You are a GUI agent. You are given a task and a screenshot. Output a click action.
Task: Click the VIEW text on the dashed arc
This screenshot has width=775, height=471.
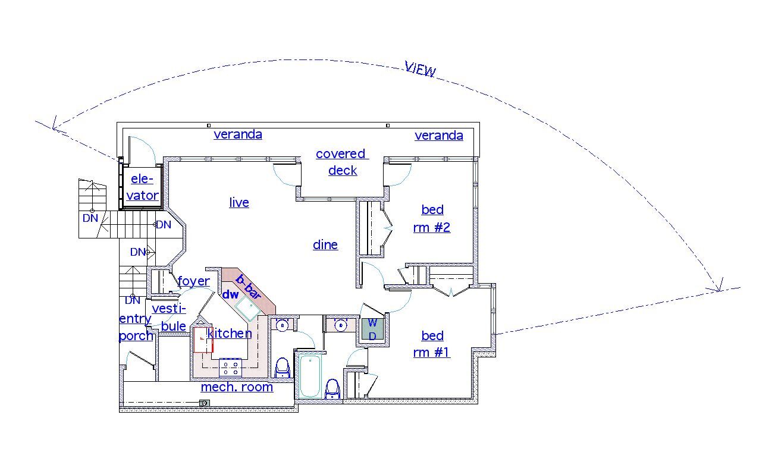pyautogui.click(x=421, y=69)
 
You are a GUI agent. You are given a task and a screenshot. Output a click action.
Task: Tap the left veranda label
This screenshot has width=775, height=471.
pyautogui.click(x=238, y=134)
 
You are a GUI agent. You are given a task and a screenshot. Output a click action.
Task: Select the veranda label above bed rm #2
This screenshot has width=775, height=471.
pyautogui.click(x=438, y=136)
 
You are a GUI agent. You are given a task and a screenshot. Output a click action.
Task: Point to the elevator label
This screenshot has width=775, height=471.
pyautogui.click(x=143, y=187)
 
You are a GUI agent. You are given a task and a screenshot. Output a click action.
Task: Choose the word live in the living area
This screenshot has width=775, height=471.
pyautogui.click(x=239, y=203)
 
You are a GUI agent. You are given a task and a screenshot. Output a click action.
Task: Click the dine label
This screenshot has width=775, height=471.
pyautogui.click(x=325, y=245)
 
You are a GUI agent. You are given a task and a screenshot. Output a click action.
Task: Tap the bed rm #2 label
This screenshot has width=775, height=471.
pyautogui.click(x=432, y=218)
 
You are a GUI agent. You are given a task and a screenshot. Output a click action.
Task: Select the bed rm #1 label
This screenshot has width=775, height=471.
pyautogui.click(x=432, y=344)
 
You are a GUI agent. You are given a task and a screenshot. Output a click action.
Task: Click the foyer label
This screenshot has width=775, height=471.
pyautogui.click(x=194, y=281)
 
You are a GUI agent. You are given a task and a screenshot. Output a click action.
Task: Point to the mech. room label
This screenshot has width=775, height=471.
pyautogui.click(x=237, y=387)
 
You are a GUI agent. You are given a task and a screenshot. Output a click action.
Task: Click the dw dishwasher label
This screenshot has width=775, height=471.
pyautogui.click(x=230, y=294)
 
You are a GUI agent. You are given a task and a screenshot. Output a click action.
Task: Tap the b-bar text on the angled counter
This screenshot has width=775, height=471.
pyautogui.click(x=249, y=287)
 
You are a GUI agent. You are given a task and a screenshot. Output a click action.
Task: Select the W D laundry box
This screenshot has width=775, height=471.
pyautogui.click(x=372, y=329)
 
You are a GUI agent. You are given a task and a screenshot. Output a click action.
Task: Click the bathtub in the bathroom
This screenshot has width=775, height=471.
pyautogui.click(x=309, y=376)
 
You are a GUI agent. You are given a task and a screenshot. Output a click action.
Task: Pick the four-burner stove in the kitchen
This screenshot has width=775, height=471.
pyautogui.click(x=231, y=368)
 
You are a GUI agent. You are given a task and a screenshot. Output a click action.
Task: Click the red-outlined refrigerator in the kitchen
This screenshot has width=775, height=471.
pyautogui.click(x=203, y=340)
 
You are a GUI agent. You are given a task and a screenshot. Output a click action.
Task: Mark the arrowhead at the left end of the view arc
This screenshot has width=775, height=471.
pyautogui.click(x=54, y=125)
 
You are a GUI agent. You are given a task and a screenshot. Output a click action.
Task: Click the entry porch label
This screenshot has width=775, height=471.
pyautogui.click(x=136, y=327)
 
